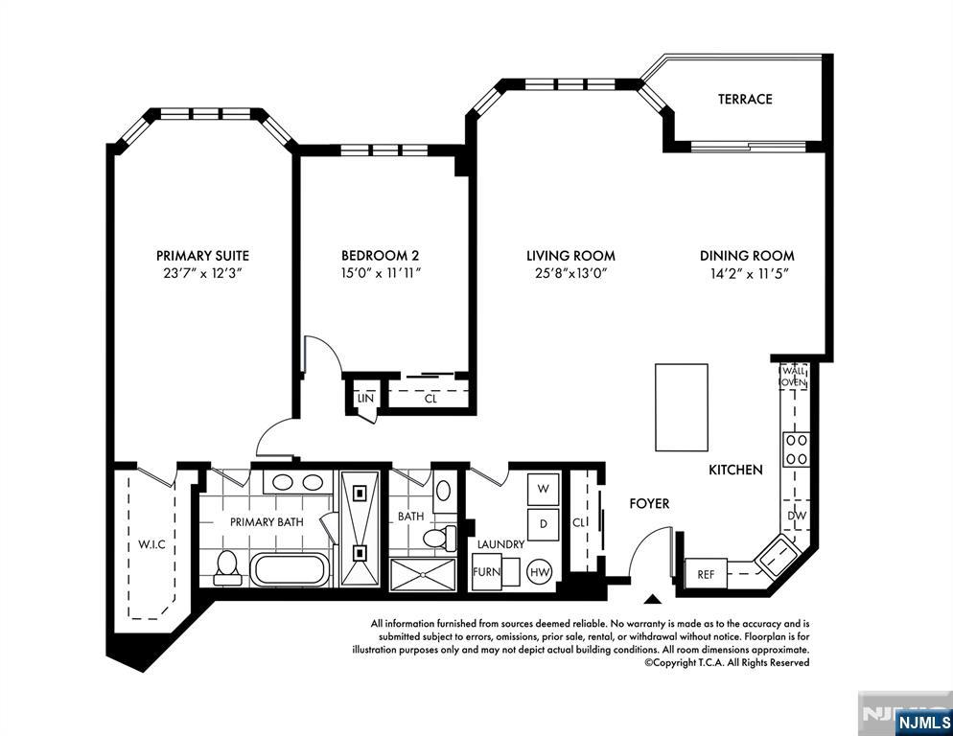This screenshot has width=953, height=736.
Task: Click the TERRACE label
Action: pyautogui.click(x=745, y=99)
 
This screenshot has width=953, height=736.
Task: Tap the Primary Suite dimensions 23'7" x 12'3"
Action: pyautogui.click(x=202, y=273)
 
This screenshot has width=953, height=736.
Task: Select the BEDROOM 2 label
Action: pyautogui.click(x=380, y=256)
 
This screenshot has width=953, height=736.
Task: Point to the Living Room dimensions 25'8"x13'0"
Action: pyautogui.click(x=570, y=273)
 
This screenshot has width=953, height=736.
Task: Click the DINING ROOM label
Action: pyautogui.click(x=747, y=256)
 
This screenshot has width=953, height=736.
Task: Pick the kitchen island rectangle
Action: pyautogui.click(x=682, y=407)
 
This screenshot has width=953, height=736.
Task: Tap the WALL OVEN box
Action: pyautogui.click(x=794, y=376)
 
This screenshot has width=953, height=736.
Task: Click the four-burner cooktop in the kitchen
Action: pyautogui.click(x=797, y=449)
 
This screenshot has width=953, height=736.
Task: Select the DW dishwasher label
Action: pyautogui.click(x=797, y=516)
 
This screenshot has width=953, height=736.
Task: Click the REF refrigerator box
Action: pyautogui.click(x=706, y=574)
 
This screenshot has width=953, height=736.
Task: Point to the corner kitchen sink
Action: pyautogui.click(x=776, y=555)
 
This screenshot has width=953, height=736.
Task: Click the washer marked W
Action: pyautogui.click(x=543, y=489)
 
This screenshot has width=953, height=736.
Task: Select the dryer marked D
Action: pyautogui.click(x=543, y=523)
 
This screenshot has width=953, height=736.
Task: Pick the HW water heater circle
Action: pyautogui.click(x=540, y=570)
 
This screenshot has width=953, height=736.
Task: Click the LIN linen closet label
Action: pyautogui.click(x=364, y=398)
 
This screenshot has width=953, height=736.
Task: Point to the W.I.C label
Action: pyautogui.click(x=151, y=545)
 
